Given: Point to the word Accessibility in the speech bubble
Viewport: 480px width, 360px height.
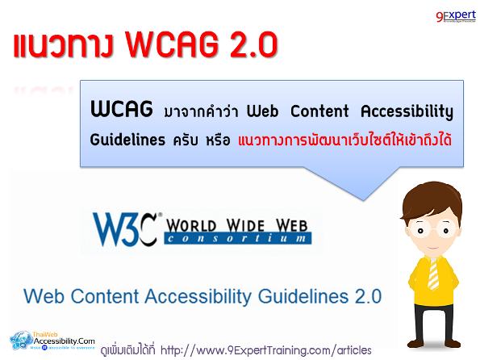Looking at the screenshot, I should click(407, 110).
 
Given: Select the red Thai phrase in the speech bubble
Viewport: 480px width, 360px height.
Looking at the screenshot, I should click(344, 139).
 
